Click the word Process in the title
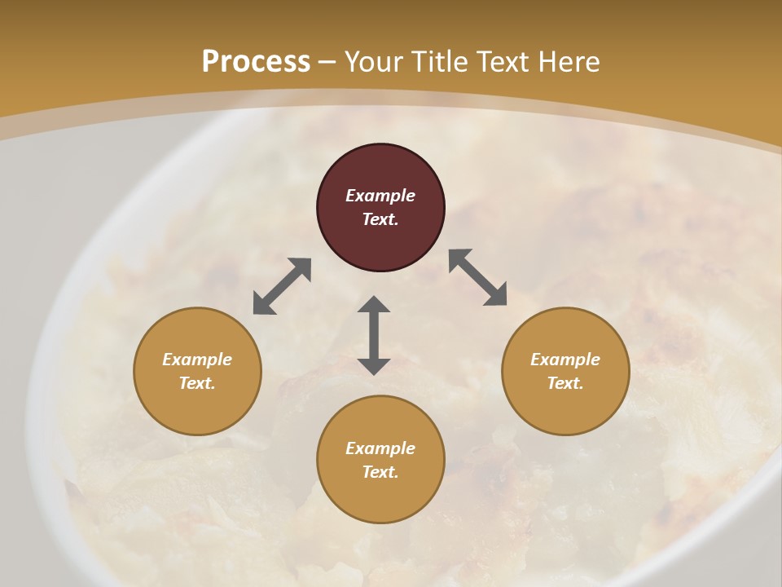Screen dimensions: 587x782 pos(256,62)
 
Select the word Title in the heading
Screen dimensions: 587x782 pos(441,62)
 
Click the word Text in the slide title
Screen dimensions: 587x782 pos(500,62)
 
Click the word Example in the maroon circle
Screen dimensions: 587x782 pos(380,196)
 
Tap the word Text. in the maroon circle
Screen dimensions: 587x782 pos(380,219)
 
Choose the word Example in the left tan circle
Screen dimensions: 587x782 pos(197,360)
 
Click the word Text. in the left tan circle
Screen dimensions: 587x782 pos(197,383)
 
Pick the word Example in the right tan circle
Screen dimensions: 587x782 pos(565,360)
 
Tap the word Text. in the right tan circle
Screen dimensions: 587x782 pos(565,383)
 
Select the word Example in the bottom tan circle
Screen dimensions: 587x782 pos(380,448)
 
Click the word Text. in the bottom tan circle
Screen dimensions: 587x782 pos(380,472)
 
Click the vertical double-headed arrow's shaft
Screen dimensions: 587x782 pos(374,335)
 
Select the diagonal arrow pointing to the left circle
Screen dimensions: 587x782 pos(282,286)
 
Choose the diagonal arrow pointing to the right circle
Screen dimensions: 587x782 pos(478,277)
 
